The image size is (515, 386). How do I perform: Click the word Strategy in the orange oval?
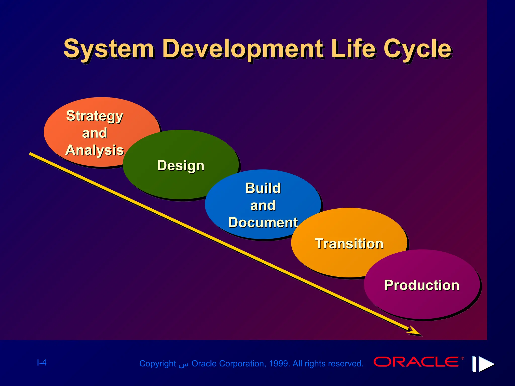[x=95, y=116]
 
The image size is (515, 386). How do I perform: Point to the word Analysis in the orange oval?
[x=95, y=150]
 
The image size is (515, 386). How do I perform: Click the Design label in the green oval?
[x=181, y=165]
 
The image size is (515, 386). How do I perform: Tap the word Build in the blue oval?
[x=263, y=188]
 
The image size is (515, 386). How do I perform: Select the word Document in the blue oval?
[x=263, y=222]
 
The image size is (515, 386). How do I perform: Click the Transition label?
[x=349, y=244]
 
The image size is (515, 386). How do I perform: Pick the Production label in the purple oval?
[x=422, y=285]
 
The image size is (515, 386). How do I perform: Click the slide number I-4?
[x=42, y=363]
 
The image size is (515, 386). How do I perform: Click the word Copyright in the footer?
[x=158, y=364]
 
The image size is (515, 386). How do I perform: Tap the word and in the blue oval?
[x=263, y=205]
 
